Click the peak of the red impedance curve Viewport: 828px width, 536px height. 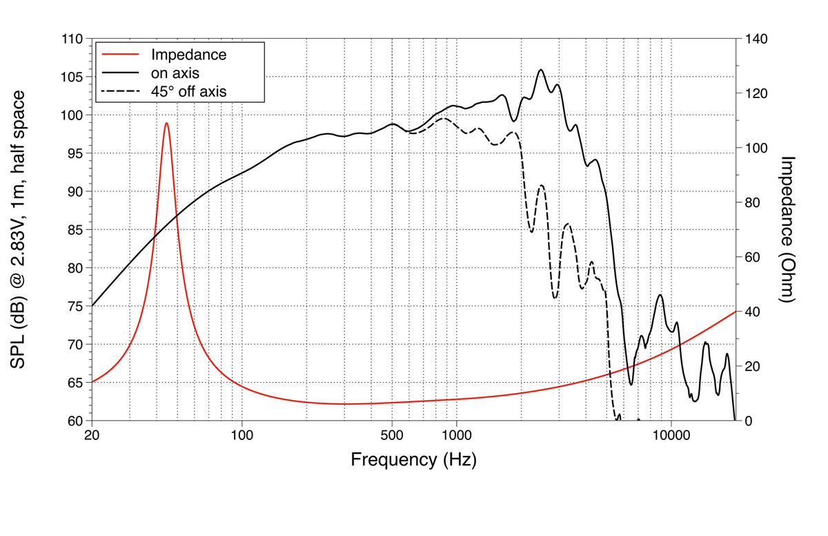pos(166,123)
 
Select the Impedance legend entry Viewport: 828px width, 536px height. pos(188,54)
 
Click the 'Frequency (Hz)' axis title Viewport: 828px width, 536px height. pos(413,459)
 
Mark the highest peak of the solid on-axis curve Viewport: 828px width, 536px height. pos(541,70)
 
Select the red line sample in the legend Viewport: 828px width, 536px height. pos(121,54)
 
